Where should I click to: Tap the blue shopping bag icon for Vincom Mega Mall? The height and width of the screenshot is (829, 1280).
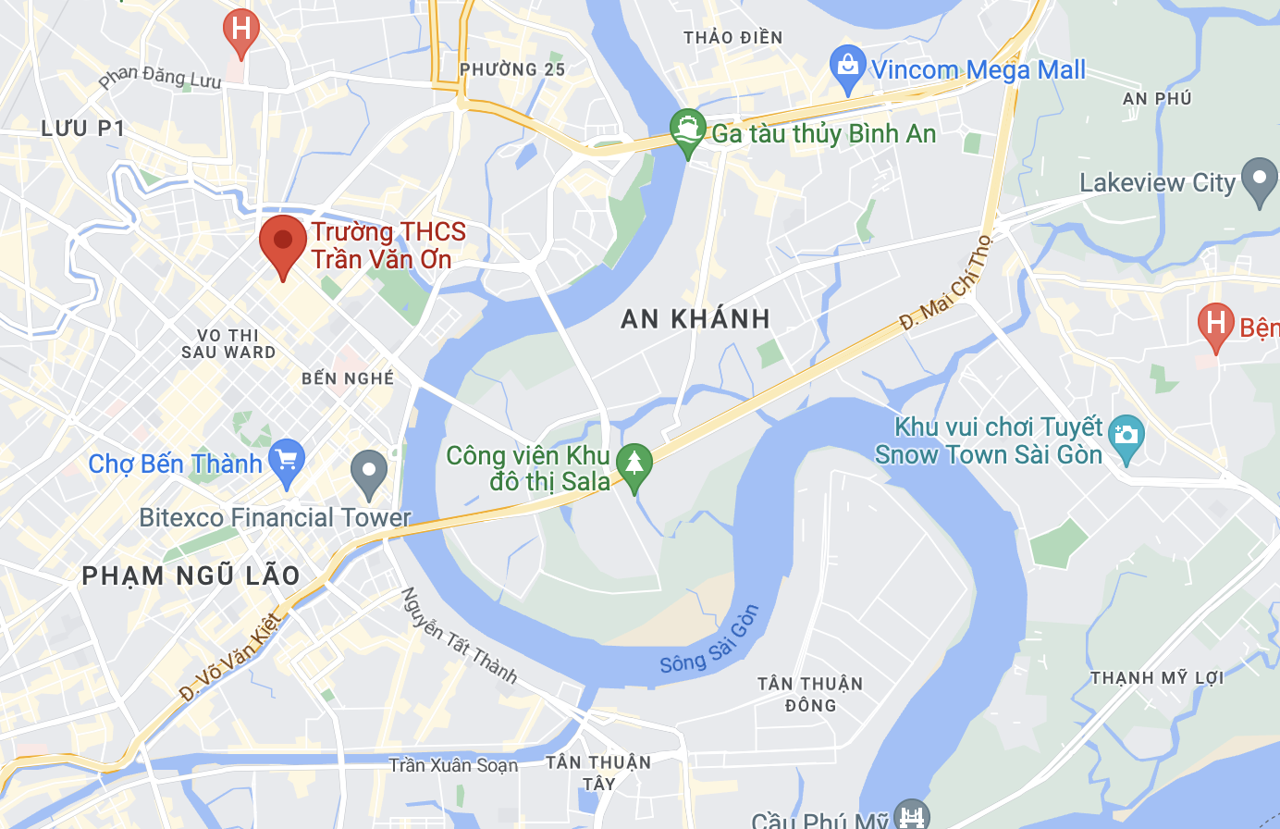pos(847,68)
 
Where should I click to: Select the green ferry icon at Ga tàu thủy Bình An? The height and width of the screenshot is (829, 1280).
pos(687,131)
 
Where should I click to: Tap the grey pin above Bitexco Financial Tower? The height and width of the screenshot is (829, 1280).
pos(369,473)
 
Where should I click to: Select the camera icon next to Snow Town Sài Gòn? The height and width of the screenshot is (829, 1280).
pos(1126,439)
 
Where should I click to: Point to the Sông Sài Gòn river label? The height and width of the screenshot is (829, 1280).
pos(709,640)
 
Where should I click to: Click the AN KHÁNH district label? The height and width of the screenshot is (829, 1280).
pos(695,319)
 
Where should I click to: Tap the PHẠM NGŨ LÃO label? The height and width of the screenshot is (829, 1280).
pos(191,575)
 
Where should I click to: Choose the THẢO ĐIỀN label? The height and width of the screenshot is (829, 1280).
pos(732,38)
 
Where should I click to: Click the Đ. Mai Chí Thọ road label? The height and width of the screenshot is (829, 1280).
pos(946,283)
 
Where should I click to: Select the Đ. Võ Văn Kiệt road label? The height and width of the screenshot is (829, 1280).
pos(228,657)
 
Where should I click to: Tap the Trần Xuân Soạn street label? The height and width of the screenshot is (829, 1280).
pos(453,765)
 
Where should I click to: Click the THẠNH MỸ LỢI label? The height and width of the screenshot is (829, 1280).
pos(1156,678)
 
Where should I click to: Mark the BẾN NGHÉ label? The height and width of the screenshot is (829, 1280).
pos(348,378)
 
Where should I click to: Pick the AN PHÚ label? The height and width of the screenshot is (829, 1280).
pos(1156,99)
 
